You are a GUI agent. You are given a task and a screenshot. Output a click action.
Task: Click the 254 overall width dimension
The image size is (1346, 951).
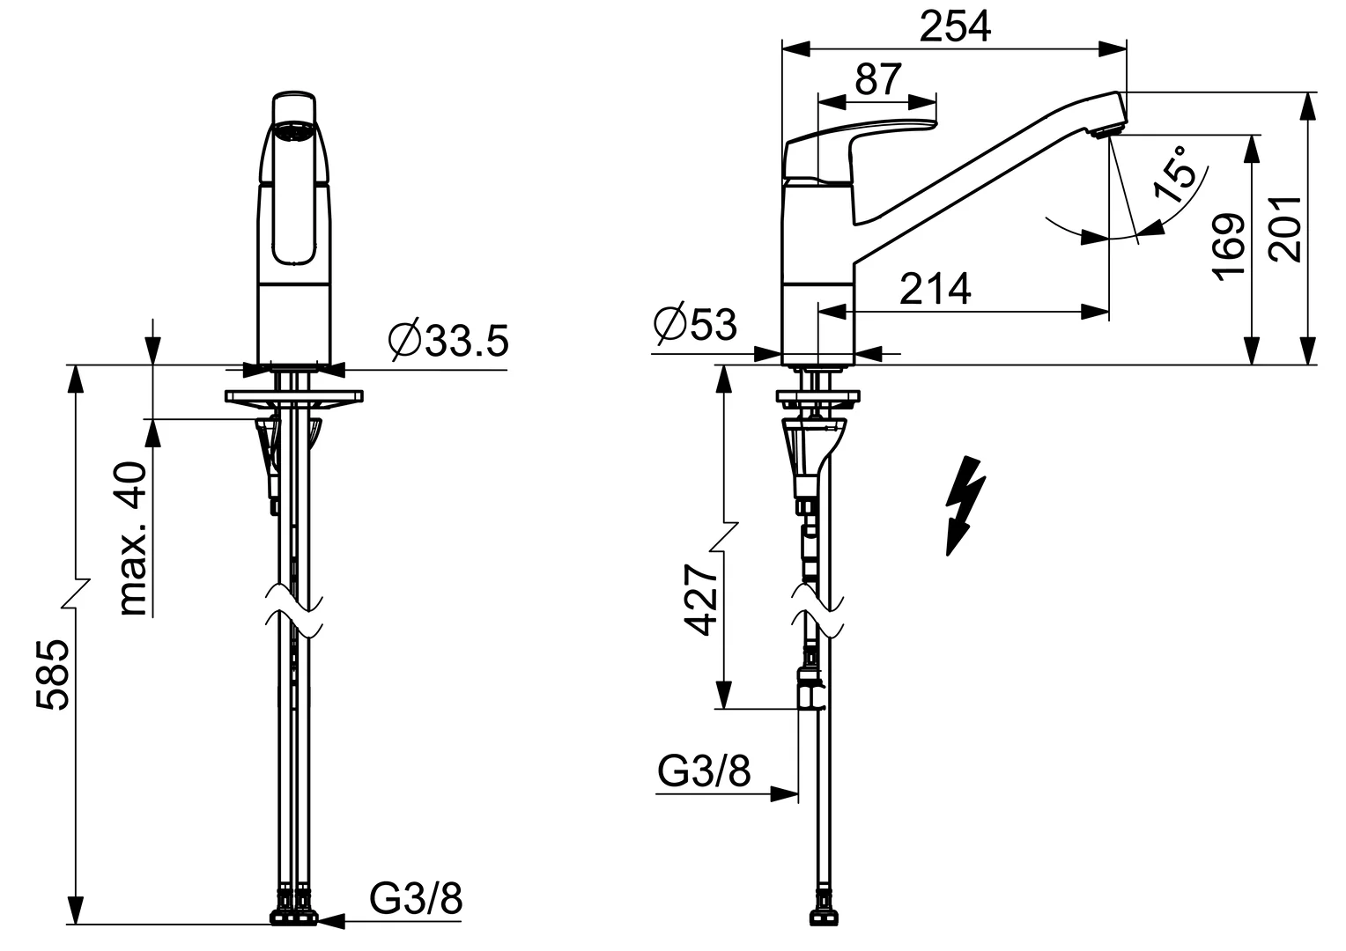coord(955,27)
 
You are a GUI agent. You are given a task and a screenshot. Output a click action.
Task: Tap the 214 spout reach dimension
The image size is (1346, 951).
coord(935,289)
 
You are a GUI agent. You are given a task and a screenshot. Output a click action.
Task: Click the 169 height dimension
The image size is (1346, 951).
coord(1229,247)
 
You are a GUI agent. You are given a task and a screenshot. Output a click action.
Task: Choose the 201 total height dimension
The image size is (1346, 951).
coord(1285,229)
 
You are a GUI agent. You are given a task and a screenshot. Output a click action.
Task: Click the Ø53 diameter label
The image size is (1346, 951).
coord(695,324)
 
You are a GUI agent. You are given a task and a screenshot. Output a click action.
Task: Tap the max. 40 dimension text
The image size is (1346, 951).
coord(133,538)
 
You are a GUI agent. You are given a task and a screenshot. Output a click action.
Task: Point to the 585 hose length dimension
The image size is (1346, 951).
coord(53,675)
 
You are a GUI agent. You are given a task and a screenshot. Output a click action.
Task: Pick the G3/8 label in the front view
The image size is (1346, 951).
coord(416,897)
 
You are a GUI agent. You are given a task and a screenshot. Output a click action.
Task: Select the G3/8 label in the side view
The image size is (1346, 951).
coord(704,770)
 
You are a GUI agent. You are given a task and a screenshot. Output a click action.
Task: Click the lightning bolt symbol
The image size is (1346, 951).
coord(965,505)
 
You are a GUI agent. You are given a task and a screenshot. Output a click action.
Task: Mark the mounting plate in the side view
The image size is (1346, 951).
coord(817,396)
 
